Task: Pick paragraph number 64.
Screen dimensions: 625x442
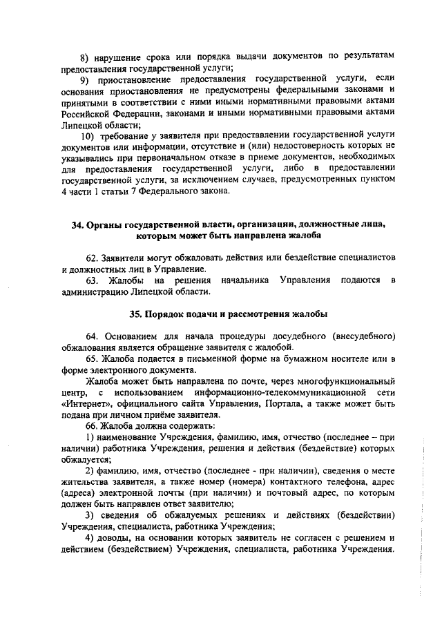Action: (x=93, y=336)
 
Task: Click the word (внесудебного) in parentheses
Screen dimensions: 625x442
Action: (x=363, y=336)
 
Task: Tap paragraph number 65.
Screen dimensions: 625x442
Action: (x=93, y=358)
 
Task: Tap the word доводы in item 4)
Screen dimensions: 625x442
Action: (x=113, y=539)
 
